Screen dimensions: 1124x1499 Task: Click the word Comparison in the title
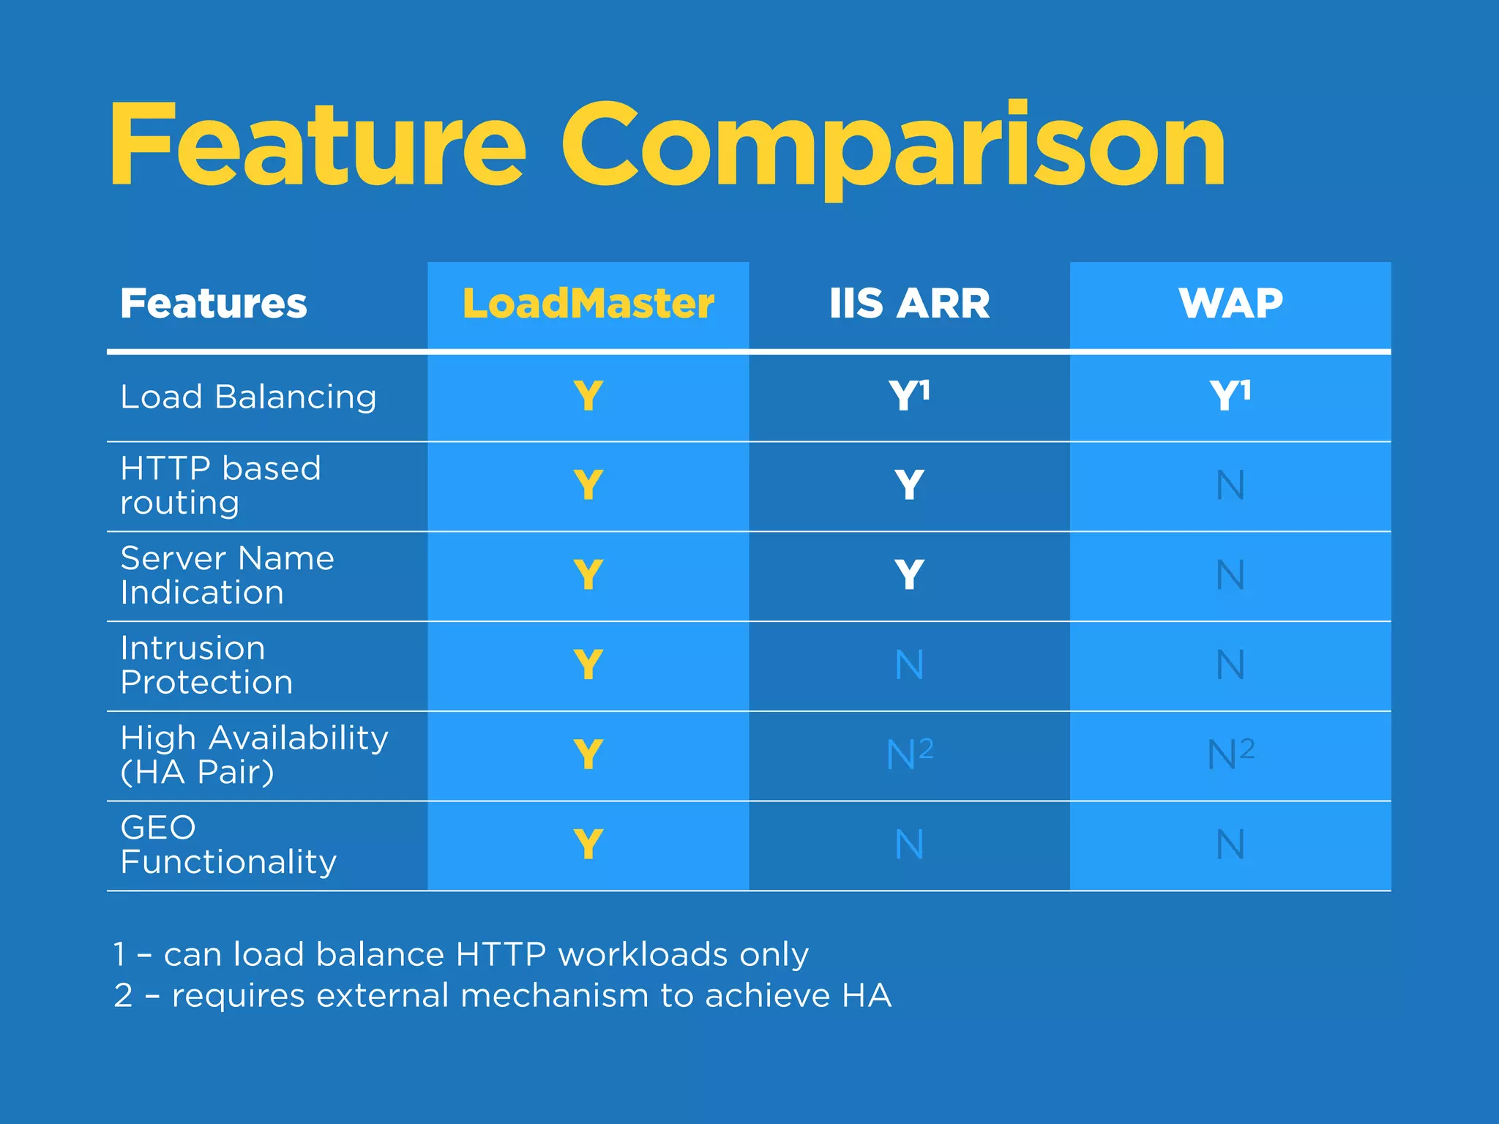tap(893, 146)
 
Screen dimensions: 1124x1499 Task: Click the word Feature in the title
tap(318, 146)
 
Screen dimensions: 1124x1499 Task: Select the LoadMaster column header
tap(588, 304)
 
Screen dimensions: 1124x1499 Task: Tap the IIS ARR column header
tap(909, 304)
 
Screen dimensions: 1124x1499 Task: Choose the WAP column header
tap(1230, 304)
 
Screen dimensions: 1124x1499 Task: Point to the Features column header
tap(214, 304)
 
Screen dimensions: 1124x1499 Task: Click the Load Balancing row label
tap(248, 397)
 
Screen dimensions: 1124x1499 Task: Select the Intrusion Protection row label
tap(206, 665)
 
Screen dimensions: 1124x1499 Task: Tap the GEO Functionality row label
tap(228, 845)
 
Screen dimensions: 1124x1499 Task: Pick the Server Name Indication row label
tap(227, 575)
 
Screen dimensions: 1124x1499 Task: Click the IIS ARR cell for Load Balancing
tap(909, 396)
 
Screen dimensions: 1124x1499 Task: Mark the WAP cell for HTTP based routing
tap(1230, 485)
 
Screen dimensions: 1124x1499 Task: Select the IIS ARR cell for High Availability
tap(909, 754)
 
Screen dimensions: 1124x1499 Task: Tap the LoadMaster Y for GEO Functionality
tap(588, 844)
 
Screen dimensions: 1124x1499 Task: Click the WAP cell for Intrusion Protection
tap(1230, 665)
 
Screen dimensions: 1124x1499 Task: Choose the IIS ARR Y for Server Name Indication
tap(909, 575)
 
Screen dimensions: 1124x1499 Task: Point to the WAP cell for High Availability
tap(1230, 754)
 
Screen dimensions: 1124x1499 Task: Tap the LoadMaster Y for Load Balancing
tap(588, 396)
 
